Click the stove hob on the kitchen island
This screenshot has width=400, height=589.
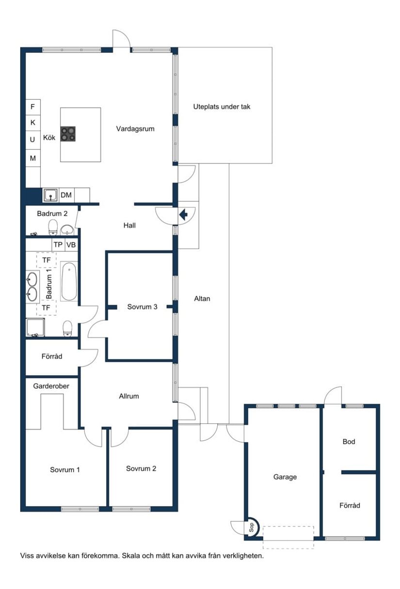(x=68, y=134)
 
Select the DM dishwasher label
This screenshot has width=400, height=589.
(x=66, y=195)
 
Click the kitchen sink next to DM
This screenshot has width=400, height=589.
(x=50, y=195)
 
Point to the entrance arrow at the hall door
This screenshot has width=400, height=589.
(x=184, y=215)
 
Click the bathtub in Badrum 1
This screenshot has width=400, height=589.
(x=69, y=281)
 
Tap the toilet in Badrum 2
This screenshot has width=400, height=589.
(x=53, y=227)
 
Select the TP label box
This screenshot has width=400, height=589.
(x=58, y=245)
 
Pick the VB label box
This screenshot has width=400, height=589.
(x=71, y=245)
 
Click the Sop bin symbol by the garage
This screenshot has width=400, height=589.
(x=252, y=527)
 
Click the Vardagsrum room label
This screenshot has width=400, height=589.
(x=135, y=129)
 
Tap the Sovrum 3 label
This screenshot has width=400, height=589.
(x=142, y=307)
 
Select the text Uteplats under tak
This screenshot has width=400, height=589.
(x=222, y=107)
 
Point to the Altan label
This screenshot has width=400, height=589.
(x=202, y=299)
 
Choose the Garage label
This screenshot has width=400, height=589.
(x=285, y=477)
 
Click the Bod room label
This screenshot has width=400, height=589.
(x=349, y=442)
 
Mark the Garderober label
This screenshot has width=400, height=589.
(x=51, y=387)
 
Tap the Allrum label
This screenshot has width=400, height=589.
(x=129, y=396)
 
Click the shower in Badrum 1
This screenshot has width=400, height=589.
(x=35, y=328)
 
